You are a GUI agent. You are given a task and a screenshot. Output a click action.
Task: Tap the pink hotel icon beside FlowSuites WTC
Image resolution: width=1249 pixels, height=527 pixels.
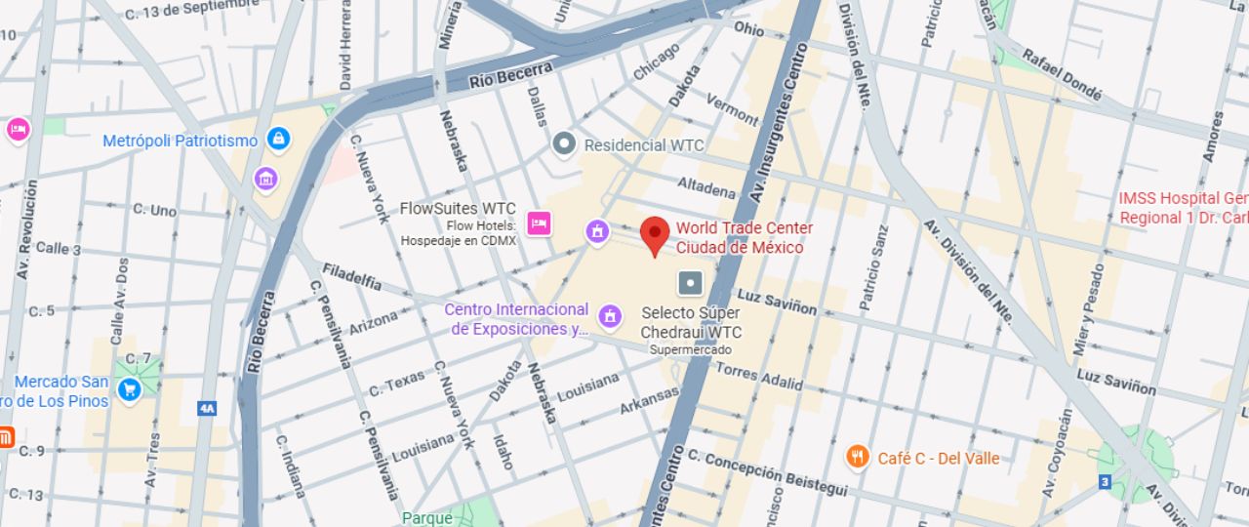coord(537,223)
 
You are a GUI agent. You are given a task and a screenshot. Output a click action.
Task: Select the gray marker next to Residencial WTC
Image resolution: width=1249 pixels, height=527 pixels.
coord(563,144)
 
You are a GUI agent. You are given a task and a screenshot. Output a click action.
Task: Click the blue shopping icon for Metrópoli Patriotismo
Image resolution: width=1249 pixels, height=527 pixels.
coord(279,141)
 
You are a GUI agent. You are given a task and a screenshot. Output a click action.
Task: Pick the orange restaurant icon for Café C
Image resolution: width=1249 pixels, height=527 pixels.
coord(857,457)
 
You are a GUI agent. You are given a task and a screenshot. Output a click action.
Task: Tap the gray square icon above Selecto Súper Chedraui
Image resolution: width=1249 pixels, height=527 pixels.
coord(690,283)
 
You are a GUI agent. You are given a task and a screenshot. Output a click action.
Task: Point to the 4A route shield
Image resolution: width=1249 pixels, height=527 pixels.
coord(206,408)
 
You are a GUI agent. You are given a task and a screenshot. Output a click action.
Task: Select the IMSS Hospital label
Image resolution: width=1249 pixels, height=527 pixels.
coord(1183,207)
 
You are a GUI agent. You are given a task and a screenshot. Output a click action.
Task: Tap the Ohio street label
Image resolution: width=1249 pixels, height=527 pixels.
coord(749,29)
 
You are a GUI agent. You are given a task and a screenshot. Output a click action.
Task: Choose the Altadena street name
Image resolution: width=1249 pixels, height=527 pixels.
coord(706,186)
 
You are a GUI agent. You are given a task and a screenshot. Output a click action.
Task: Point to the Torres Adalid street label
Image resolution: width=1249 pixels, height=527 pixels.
coord(759,377)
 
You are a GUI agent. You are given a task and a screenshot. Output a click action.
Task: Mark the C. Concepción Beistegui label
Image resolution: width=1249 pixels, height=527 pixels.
coord(767,474)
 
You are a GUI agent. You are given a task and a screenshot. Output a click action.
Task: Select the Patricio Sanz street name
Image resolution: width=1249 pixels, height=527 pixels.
coord(873,268)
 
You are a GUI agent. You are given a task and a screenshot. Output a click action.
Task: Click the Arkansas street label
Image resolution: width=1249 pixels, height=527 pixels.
coord(649,399)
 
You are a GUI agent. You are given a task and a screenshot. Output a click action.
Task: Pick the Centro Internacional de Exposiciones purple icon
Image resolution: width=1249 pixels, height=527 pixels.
coord(610,315)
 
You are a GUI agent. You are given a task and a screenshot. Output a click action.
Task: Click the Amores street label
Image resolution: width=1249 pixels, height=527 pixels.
coord(1212,137)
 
